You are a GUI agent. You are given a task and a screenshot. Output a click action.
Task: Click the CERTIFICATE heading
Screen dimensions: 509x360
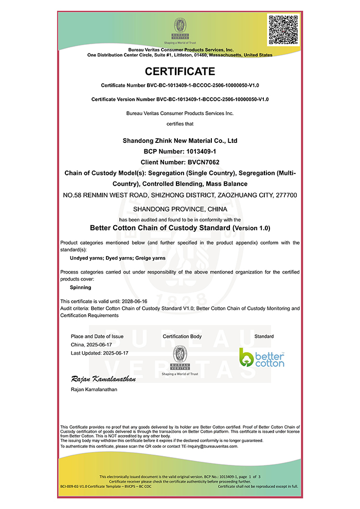tap(179, 71)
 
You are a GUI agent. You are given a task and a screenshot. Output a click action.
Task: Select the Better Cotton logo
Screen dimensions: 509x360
tap(262, 357)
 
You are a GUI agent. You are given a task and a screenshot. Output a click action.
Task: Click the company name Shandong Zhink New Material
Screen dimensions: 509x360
tap(179, 140)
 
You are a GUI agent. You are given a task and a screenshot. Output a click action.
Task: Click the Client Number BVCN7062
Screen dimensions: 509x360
tap(179, 162)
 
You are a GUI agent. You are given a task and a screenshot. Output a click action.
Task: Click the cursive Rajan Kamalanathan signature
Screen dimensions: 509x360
tap(103, 379)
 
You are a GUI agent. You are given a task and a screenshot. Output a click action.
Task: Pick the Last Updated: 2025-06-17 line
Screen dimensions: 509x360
tap(99, 353)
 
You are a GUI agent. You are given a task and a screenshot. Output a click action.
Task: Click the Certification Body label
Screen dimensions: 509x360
tap(182, 336)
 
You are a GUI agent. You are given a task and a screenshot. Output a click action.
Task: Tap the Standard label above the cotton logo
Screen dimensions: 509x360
tap(264, 336)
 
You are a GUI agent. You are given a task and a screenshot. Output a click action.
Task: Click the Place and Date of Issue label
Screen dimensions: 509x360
tap(97, 336)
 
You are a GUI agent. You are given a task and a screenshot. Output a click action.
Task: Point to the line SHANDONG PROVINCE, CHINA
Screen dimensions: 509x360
tap(179, 209)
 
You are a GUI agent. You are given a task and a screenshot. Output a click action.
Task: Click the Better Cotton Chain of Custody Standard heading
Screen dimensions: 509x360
tap(179, 227)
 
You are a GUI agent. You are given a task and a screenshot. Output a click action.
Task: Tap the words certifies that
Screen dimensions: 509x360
tap(179, 123)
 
